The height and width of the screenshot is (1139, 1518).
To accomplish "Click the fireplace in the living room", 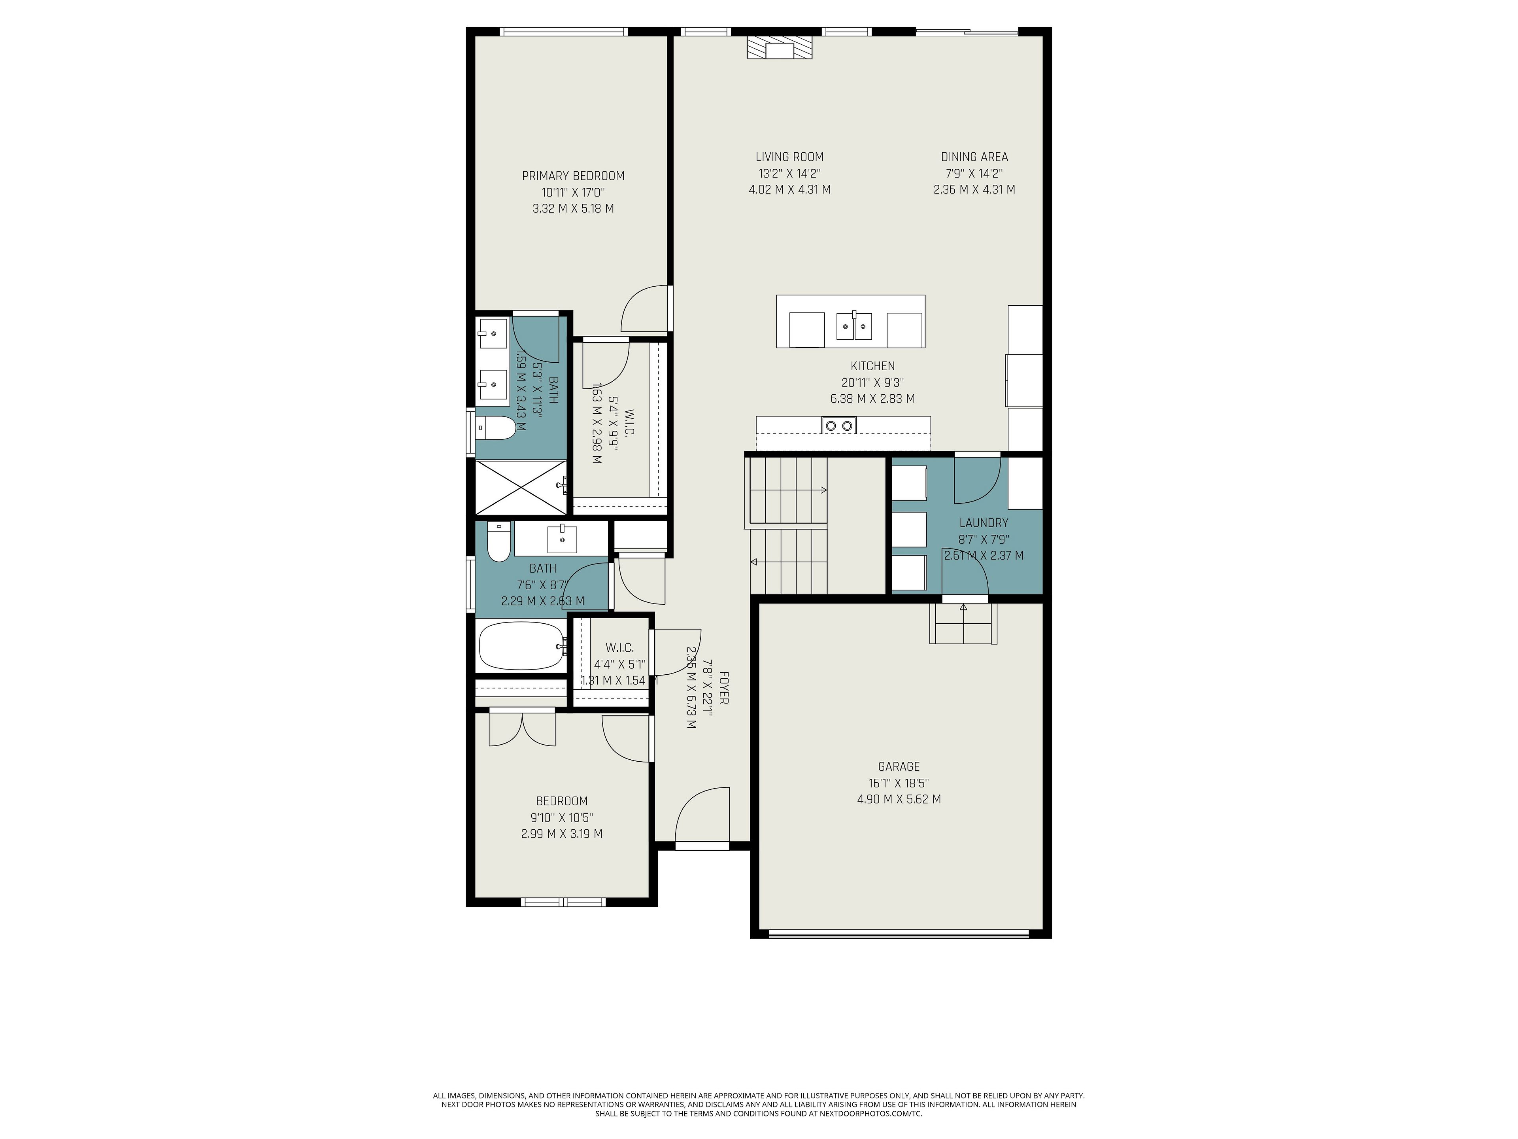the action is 779,48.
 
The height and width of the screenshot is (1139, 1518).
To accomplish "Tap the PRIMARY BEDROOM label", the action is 573,176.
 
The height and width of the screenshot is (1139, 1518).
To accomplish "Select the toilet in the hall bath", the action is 498,542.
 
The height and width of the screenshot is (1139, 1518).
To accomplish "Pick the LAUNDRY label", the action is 984,522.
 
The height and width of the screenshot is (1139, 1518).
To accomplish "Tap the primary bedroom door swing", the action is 644,309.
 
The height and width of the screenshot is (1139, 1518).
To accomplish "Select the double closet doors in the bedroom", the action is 522,729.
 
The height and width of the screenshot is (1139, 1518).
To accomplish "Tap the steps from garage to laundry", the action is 963,623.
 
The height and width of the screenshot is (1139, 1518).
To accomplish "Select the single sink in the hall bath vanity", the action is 562,539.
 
